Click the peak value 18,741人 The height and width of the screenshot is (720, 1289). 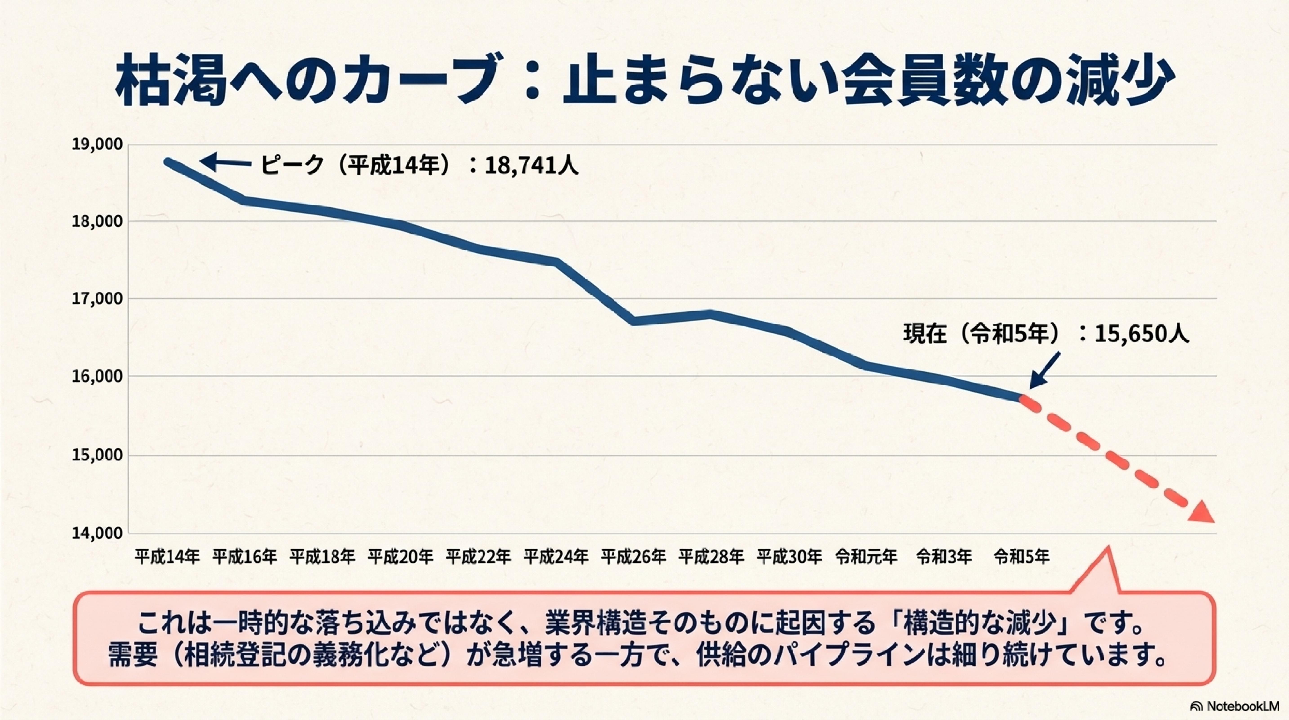532,165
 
